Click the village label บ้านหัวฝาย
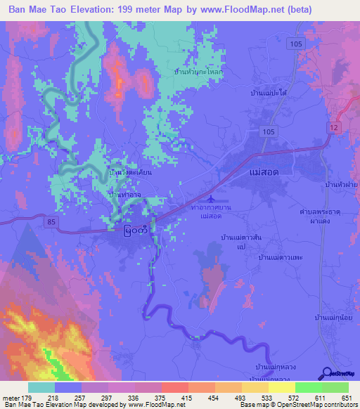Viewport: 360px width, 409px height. tap(339, 183)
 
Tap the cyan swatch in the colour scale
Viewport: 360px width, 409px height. tap(41, 387)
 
